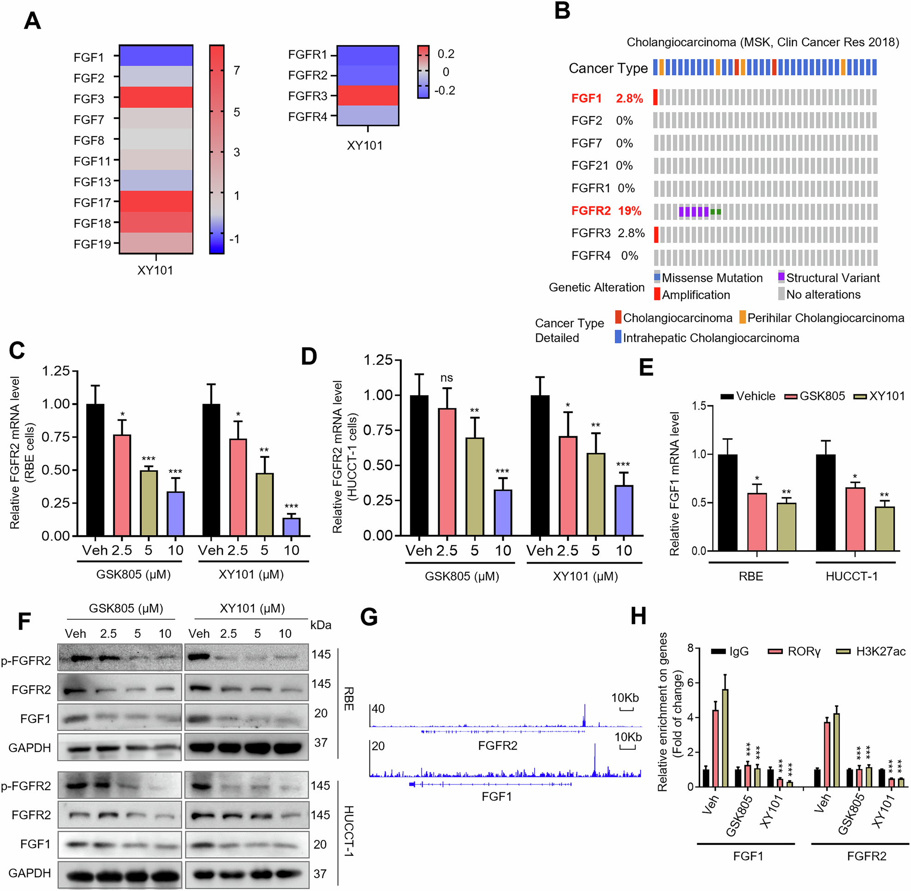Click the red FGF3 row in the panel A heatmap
click(156, 97)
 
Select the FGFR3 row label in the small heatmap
click(308, 96)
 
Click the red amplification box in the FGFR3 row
click(656, 234)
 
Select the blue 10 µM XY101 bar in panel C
click(291, 527)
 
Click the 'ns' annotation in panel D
click(446, 378)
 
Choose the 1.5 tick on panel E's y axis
click(698, 406)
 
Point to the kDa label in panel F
click(321, 625)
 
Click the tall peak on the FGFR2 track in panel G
click(584, 715)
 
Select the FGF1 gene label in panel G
click(496, 796)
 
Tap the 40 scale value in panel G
click(378, 709)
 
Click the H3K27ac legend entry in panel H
click(880, 652)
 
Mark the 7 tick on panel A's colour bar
click(237, 70)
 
